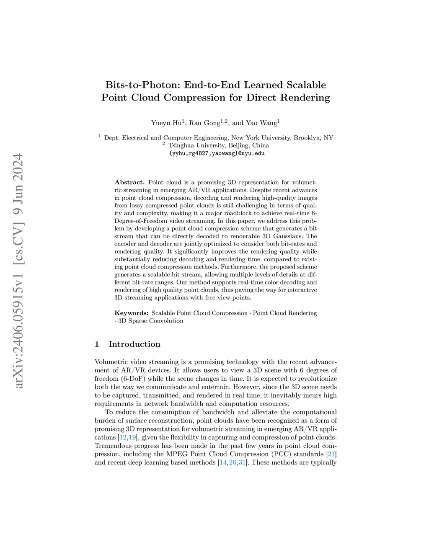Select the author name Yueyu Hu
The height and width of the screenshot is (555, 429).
[x=166, y=123]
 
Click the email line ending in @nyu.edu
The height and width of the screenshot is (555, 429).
[x=217, y=153]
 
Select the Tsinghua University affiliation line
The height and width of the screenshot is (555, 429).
[x=218, y=145]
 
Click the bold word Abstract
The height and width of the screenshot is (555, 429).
[x=129, y=183]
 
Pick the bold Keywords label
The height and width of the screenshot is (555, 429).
[x=131, y=313]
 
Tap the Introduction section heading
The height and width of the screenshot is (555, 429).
[x=134, y=344]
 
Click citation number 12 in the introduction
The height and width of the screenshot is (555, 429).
[x=123, y=437]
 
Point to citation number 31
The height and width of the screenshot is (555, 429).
[x=242, y=462]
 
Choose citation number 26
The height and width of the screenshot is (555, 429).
[x=233, y=462]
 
